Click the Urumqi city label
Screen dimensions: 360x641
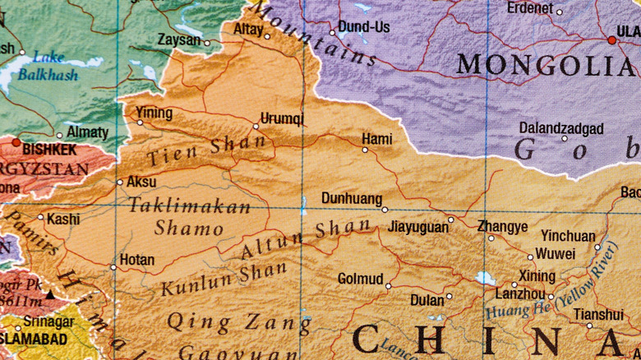[282, 118]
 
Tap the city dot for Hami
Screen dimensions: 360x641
[366, 150]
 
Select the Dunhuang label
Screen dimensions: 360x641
[351, 198]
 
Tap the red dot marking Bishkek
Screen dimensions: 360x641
[16, 142]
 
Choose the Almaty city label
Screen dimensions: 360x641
[87, 132]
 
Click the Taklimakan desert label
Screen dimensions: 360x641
[189, 206]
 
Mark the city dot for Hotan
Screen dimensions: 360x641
[113, 266]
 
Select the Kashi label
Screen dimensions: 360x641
[63, 219]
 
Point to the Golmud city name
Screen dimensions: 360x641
[360, 279]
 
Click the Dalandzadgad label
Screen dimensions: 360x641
[561, 129]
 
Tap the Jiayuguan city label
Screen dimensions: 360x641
[417, 226]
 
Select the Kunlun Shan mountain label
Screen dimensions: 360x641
[224, 278]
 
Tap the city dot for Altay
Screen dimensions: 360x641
[267, 36]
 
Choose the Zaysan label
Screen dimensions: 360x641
[179, 39]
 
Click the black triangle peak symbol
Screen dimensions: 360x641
[50, 293]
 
